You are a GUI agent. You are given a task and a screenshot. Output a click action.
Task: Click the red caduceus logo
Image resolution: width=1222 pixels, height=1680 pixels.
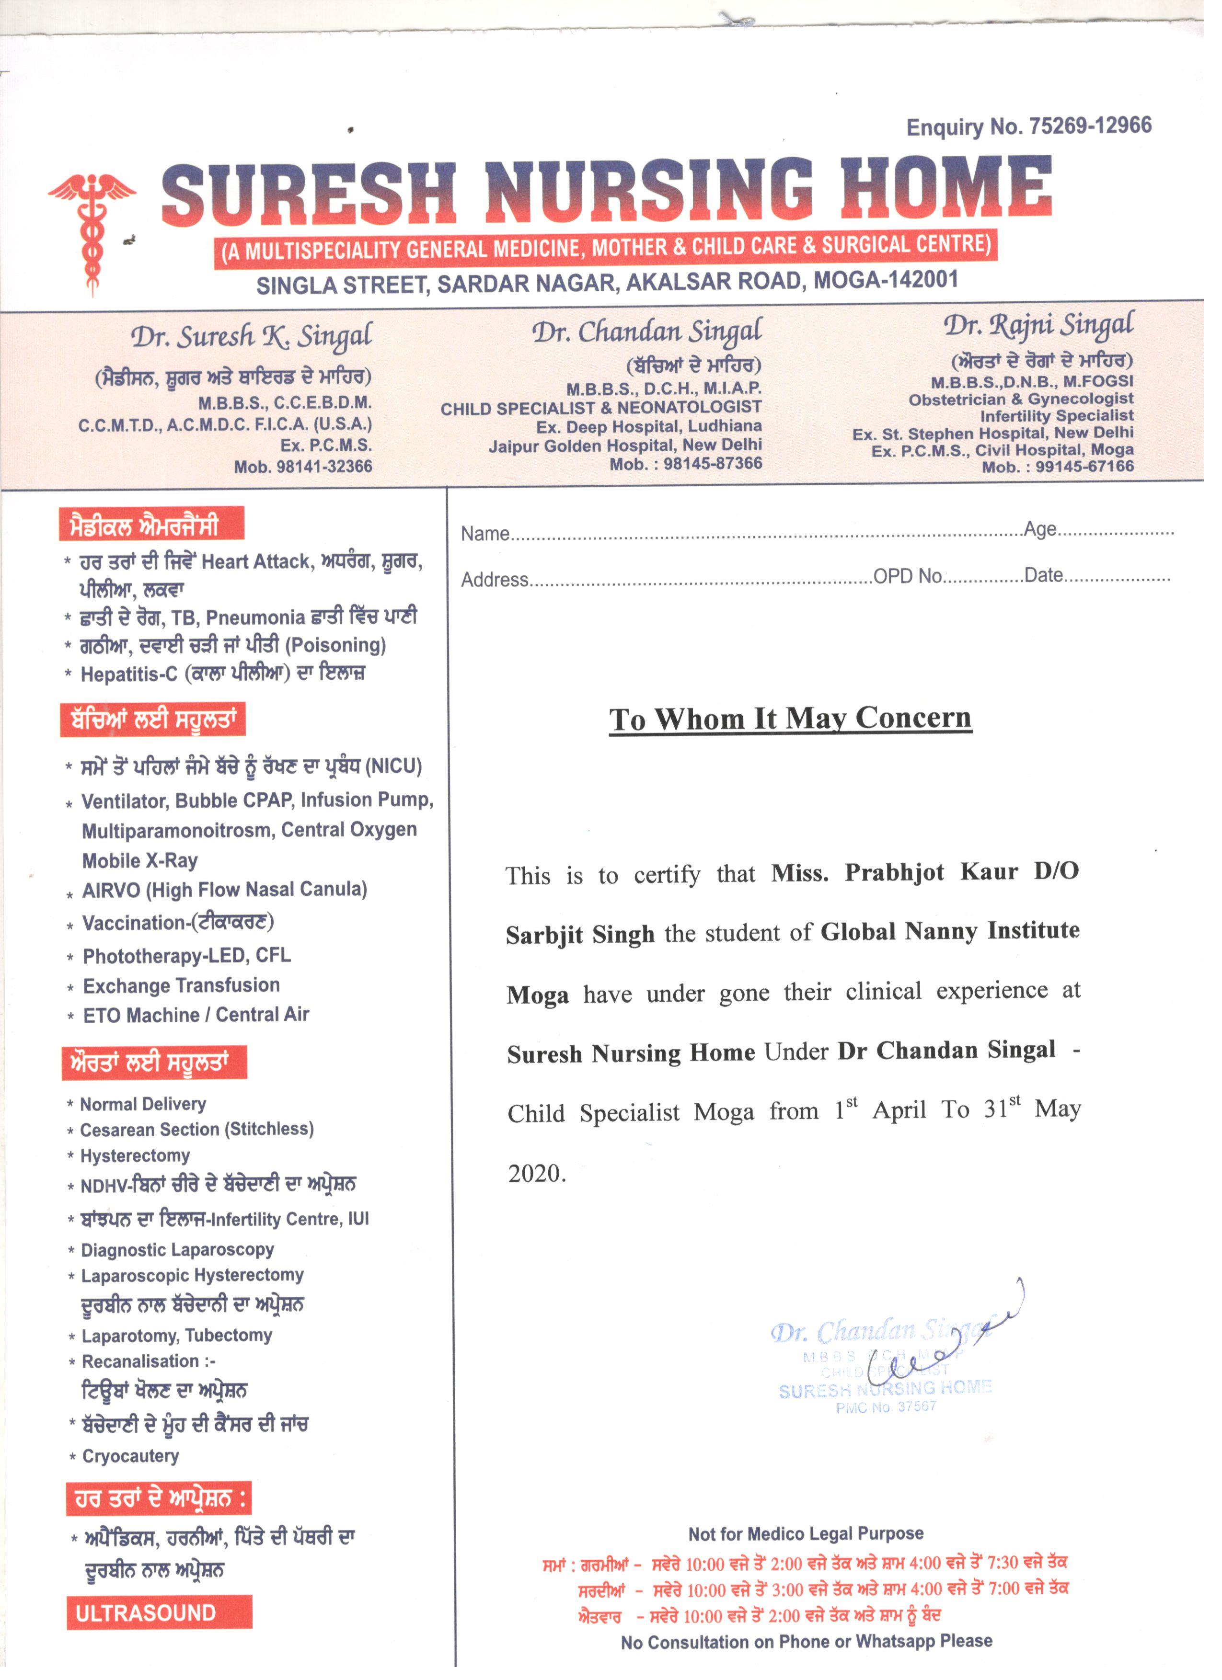pyautogui.click(x=91, y=229)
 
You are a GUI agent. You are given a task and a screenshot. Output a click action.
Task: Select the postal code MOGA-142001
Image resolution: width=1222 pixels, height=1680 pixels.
pyautogui.click(x=886, y=280)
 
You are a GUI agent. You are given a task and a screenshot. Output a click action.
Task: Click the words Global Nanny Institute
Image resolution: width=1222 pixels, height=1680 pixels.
pyautogui.click(x=949, y=930)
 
